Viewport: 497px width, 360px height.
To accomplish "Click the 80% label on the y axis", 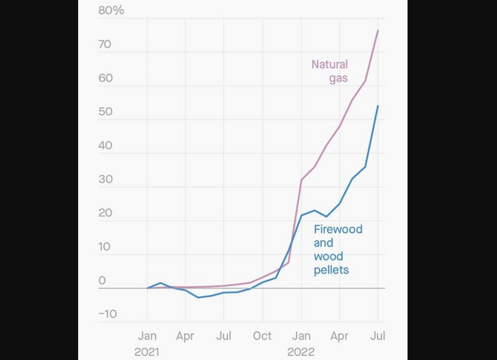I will (x=111, y=10).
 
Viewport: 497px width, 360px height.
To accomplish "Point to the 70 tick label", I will (x=106, y=44).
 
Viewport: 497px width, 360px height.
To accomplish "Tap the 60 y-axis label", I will (x=106, y=78).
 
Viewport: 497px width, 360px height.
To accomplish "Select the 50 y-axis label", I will (x=106, y=112).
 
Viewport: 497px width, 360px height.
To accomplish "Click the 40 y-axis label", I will (x=106, y=146).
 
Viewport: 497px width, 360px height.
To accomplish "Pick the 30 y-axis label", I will (x=106, y=180).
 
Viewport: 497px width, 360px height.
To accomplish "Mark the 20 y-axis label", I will (x=106, y=213).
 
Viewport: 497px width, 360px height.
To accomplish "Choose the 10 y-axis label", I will (x=106, y=247).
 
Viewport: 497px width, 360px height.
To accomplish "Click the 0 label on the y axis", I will (x=102, y=280).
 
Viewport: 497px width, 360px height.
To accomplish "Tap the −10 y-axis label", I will (x=107, y=315).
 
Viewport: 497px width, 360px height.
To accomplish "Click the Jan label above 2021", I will (x=148, y=336).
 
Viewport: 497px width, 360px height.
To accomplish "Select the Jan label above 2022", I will (x=301, y=336).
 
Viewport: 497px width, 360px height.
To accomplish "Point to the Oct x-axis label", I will (x=263, y=336).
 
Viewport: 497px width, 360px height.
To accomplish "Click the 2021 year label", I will (x=148, y=351).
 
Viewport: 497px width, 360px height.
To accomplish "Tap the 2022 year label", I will (x=301, y=351).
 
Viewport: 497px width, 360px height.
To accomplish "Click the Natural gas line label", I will (x=330, y=71).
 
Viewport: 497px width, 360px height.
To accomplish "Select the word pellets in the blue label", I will (x=331, y=270).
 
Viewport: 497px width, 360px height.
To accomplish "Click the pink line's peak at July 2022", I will (x=378, y=31).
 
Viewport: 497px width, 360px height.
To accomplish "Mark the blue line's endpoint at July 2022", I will (x=378, y=106).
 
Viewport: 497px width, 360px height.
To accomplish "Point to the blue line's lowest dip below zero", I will (x=198, y=298).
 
